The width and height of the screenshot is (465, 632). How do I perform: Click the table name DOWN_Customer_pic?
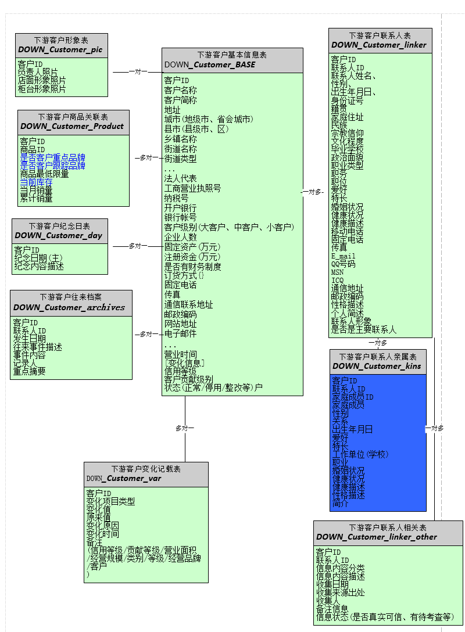point(60,50)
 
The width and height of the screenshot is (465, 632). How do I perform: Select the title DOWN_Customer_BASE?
point(210,64)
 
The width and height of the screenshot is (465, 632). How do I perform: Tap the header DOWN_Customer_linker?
point(379,45)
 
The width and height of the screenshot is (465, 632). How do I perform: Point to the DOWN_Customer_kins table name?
point(377,366)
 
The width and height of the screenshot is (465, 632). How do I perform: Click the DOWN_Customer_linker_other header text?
point(377,537)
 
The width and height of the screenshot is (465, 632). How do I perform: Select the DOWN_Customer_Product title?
point(72,126)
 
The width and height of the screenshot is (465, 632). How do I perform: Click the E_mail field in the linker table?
point(344,256)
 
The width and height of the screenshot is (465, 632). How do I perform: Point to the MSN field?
point(338,272)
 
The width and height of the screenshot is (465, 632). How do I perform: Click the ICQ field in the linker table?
point(338,280)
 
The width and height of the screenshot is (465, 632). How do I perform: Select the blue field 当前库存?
point(36,182)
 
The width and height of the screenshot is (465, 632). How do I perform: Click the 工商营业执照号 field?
point(192,188)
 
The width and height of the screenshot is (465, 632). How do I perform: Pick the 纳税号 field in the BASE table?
point(176,198)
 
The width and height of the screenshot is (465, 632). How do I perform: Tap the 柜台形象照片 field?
point(41,89)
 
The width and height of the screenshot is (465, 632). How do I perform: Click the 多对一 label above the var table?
point(185,428)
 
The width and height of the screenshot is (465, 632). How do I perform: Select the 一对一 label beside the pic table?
point(138,72)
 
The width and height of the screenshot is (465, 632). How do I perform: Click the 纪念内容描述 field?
point(39,266)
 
